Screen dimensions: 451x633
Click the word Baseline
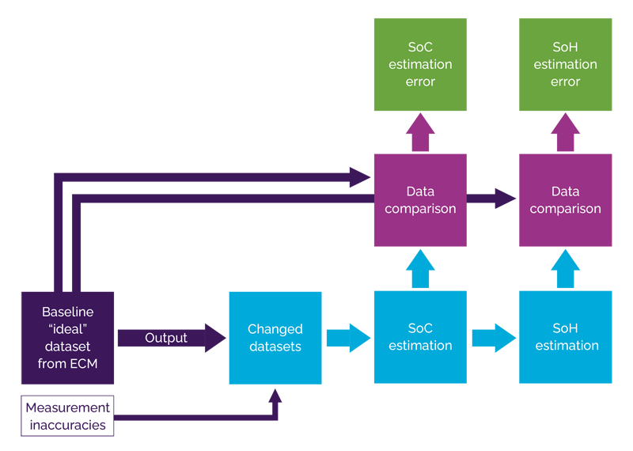coord(67,312)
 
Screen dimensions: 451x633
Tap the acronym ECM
coord(83,364)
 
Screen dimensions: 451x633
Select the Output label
coord(166,338)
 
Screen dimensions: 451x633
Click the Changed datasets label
coord(275,338)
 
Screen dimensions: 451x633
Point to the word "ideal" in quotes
coord(67,329)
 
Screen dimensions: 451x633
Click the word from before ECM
coord(52,364)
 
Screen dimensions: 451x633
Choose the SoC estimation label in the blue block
coord(420,336)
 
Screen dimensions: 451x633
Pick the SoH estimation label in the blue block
coord(567,336)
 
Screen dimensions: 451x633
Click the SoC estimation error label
coord(420,64)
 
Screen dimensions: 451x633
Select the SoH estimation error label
coord(565,64)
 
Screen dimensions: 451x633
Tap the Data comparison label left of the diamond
coord(420,200)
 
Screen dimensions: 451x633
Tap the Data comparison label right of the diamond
coord(565,200)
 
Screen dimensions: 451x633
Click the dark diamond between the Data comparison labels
coord(493,199)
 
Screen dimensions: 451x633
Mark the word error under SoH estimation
coord(565,81)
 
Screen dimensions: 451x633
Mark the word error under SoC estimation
coord(420,81)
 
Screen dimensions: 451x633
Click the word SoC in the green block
coord(420,47)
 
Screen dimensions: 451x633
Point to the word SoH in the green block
coord(565,47)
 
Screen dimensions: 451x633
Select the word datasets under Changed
coord(275,347)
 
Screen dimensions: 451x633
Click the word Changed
coord(275,329)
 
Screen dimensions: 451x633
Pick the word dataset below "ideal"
coord(67,347)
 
